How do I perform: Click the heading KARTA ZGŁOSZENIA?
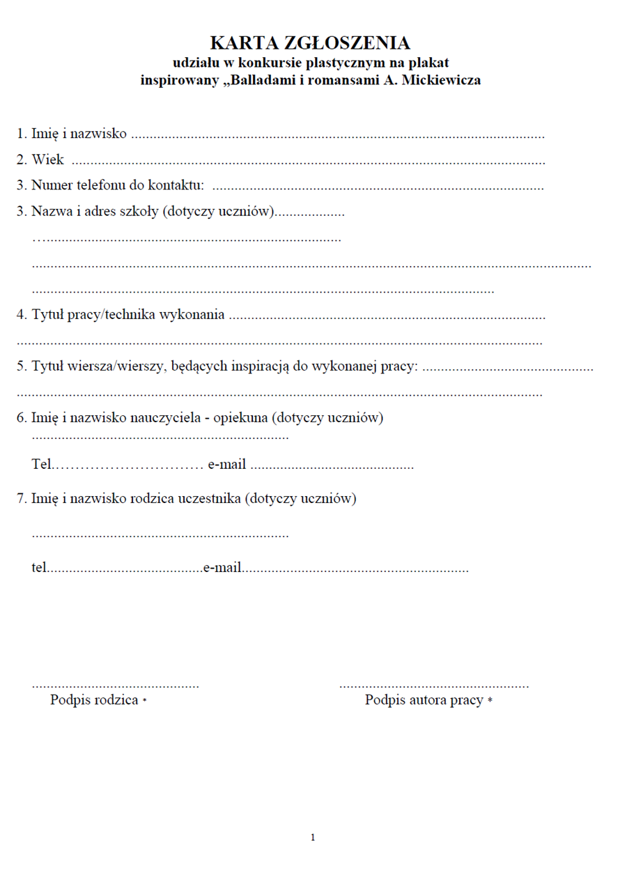click(x=310, y=43)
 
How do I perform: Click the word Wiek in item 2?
click(x=47, y=160)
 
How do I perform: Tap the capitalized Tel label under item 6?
click(x=41, y=465)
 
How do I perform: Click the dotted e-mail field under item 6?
click(x=332, y=467)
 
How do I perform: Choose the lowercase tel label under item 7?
click(x=39, y=568)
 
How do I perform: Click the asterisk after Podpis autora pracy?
click(x=490, y=701)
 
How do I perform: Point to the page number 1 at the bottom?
click(x=313, y=837)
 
